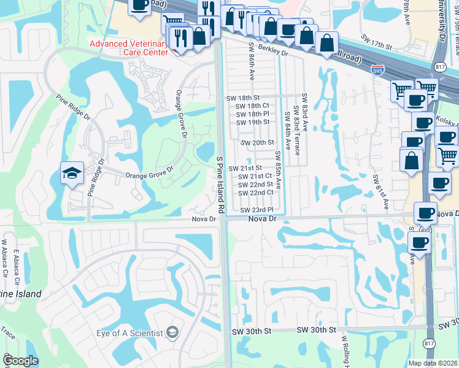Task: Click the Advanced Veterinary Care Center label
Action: pyautogui.click(x=128, y=48)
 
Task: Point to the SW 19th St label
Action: pyautogui.click(x=253, y=122)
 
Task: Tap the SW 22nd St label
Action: pyautogui.click(x=255, y=185)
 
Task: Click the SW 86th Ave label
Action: pyautogui.click(x=252, y=61)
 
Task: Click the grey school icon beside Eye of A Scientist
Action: pyautogui.click(x=172, y=332)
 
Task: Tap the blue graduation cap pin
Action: pyautogui.click(x=72, y=174)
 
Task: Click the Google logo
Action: pyautogui.click(x=20, y=361)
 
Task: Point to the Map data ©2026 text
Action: pyautogui.click(x=432, y=363)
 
